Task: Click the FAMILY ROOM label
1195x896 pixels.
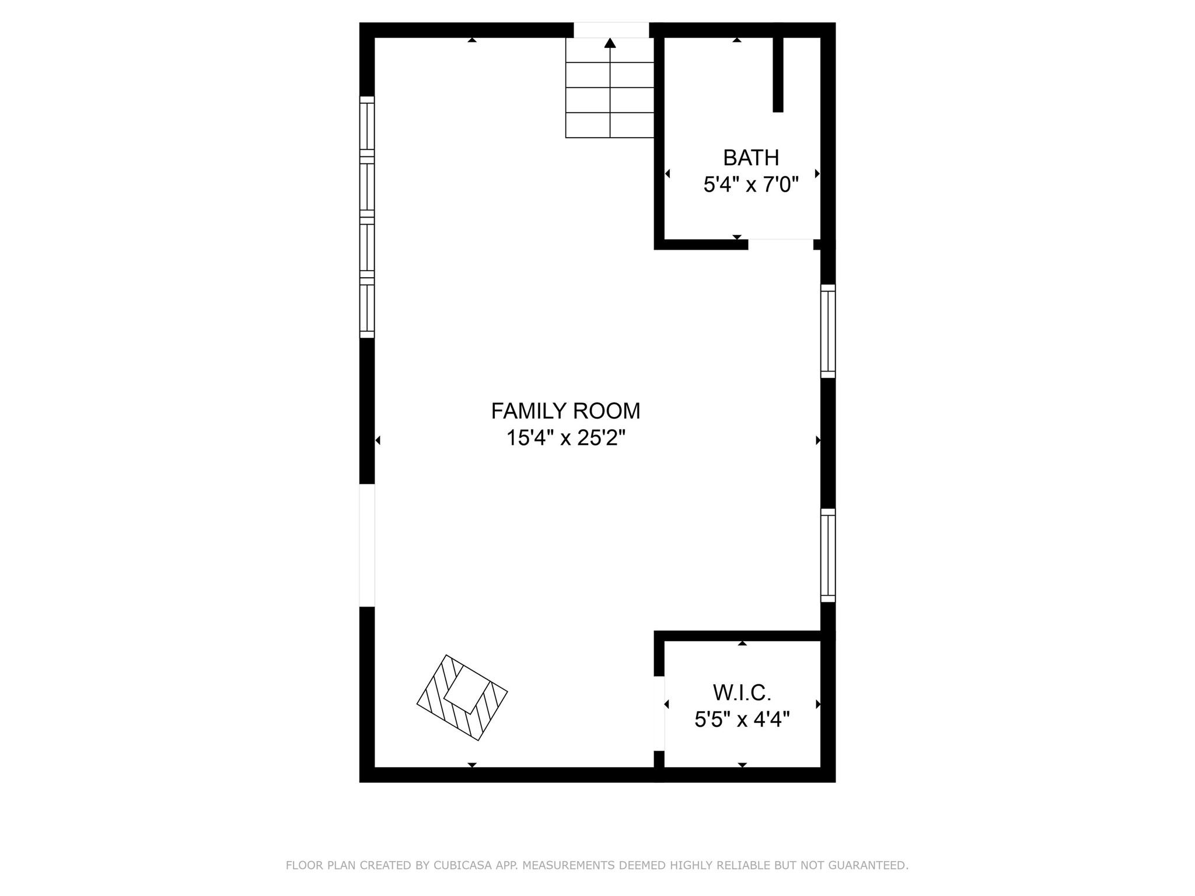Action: coord(565,411)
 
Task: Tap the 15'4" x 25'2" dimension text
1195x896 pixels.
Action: coord(565,437)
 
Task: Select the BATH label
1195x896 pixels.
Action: coord(751,158)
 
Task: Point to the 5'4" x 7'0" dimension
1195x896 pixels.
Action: coord(751,185)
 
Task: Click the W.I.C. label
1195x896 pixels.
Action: coord(742,693)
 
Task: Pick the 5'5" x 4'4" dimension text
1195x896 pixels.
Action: coord(742,720)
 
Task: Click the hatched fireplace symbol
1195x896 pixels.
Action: coord(462,698)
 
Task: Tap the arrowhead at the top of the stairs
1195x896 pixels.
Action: coord(610,43)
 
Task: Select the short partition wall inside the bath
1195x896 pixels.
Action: coord(778,74)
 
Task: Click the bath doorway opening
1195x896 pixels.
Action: coord(781,244)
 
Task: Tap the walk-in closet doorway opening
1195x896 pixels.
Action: coord(659,713)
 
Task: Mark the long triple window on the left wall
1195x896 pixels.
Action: coord(366,217)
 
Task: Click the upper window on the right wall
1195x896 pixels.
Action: coord(828,331)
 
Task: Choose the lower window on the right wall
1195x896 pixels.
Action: coord(828,555)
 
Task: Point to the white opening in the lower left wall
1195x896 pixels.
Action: coord(366,545)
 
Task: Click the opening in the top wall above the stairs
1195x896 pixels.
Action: coord(611,30)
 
